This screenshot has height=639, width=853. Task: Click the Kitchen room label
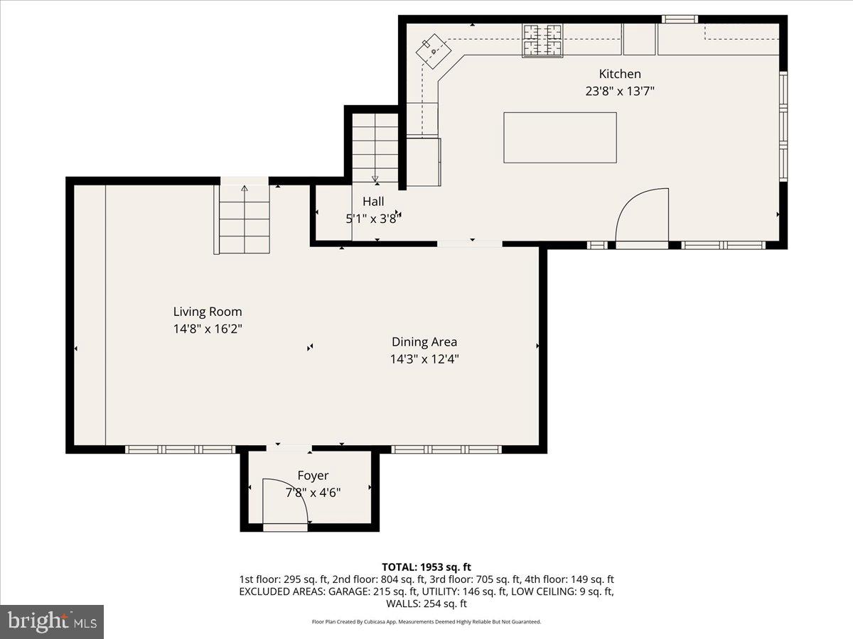[619, 74]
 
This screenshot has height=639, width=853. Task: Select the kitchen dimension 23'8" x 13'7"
[619, 91]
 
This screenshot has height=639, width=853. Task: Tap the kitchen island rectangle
[560, 137]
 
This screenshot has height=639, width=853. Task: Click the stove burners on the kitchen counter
[542, 40]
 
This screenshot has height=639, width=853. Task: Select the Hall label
[373, 202]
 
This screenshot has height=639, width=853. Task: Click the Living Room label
[208, 311]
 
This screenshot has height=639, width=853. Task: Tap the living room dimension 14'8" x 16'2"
[208, 329]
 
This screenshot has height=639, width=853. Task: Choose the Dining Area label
[424, 342]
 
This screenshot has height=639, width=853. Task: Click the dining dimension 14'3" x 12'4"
[424, 359]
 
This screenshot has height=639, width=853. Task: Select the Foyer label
[313, 476]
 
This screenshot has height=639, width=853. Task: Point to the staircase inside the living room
[244, 219]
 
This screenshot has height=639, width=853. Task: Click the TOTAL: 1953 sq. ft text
[426, 567]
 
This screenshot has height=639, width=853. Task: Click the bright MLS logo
[52, 622]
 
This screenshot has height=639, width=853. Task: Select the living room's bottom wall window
[180, 449]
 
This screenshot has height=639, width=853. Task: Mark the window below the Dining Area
[446, 449]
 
